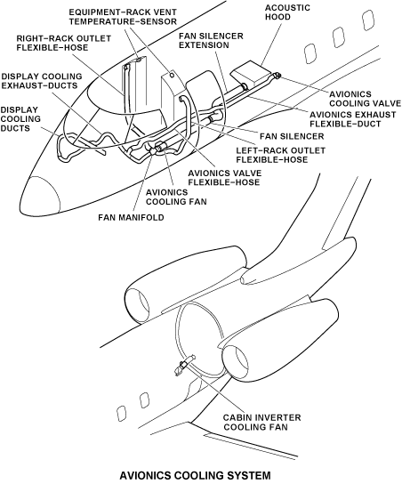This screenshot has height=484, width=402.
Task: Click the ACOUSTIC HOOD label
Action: (x=287, y=12)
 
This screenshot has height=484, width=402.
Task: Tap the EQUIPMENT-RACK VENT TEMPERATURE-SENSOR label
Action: (x=123, y=17)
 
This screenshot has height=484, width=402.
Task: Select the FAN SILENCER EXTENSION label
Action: (x=211, y=40)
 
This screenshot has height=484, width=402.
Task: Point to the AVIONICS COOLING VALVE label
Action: (x=365, y=99)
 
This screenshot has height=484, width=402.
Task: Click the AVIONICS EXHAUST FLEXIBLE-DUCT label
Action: (x=352, y=119)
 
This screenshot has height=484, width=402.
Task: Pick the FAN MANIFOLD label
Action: (x=131, y=217)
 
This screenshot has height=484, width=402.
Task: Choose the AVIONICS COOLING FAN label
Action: (x=176, y=197)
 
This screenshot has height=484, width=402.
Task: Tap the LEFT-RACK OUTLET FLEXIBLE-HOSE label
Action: (x=281, y=155)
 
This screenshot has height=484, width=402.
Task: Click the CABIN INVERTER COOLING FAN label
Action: (x=262, y=423)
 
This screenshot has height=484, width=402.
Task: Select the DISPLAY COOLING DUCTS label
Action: (x=20, y=119)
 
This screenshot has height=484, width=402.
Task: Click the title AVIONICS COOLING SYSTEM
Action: (x=195, y=475)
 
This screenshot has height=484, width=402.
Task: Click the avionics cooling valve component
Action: (x=277, y=75)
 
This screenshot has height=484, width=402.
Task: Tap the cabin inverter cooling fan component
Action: (x=184, y=364)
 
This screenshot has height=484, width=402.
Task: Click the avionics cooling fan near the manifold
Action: (x=160, y=148)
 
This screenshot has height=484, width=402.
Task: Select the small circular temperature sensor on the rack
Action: (x=172, y=75)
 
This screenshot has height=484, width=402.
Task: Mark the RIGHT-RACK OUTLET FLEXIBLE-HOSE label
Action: (x=63, y=43)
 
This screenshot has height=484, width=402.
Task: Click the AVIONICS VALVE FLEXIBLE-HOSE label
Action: (x=225, y=177)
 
